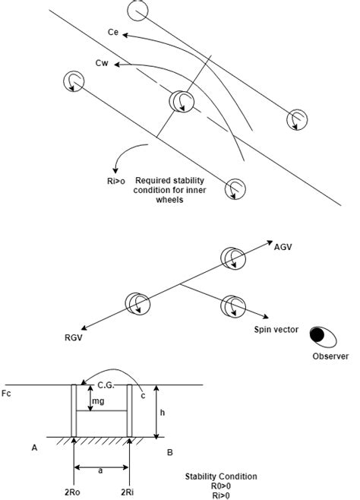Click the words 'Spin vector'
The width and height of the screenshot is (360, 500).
pos(277,331)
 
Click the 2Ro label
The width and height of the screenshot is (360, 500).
pos(72,492)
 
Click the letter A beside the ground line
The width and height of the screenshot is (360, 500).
pos(35,448)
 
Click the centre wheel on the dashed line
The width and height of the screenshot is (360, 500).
pos(180,101)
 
